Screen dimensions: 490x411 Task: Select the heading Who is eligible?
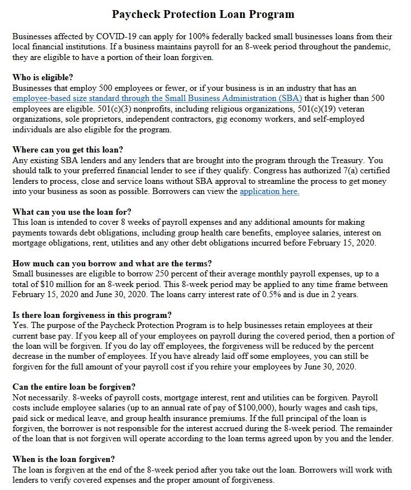click(x=43, y=77)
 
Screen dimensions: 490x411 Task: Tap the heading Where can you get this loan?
click(x=67, y=150)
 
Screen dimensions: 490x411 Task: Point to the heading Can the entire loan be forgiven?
click(x=73, y=387)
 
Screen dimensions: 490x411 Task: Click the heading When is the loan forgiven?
click(x=63, y=459)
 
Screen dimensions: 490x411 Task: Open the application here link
click(x=269, y=191)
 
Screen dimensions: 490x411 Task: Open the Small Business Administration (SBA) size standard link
click(x=157, y=98)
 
